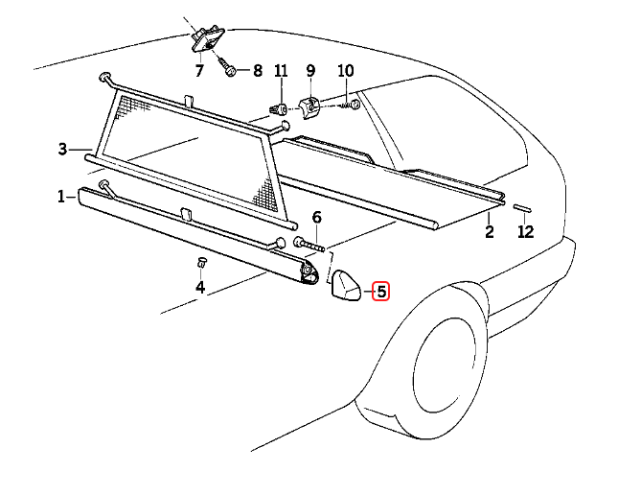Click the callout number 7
[199, 71]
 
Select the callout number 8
[257, 71]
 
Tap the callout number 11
[281, 71]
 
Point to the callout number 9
[310, 71]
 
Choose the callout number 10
[346, 71]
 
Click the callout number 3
[62, 149]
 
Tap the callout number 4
[200, 287]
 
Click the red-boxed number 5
[381, 291]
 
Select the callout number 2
[488, 232]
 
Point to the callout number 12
[524, 232]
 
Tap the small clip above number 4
[201, 262]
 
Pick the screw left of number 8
[229, 69]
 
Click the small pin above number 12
[523, 207]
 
